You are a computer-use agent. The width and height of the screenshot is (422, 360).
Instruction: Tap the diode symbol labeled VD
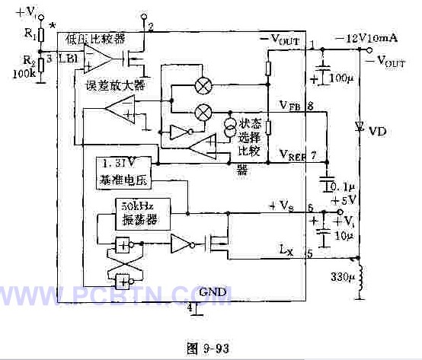pos(358,128)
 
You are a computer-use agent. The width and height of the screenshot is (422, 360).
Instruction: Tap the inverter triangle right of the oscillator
pos(182,244)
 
